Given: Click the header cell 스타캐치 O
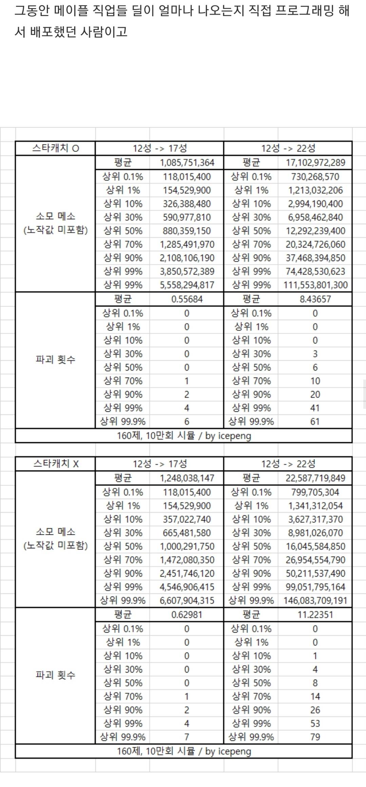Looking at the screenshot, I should pos(55,148).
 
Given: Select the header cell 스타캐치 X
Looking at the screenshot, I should pos(55,463).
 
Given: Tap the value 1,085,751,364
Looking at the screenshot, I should pos(187,163).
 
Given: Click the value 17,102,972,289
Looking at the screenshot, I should pos(315,163).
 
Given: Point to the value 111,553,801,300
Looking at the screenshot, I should pos(315,285).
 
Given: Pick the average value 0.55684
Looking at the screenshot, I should pos(187,299).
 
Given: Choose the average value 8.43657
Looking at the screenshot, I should pos(315,299).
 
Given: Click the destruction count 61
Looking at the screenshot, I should pos(315,421).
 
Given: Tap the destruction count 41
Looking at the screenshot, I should pos(315,408).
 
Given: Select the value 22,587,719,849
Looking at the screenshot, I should pos(315,478).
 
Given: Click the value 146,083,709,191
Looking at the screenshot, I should pos(315,600).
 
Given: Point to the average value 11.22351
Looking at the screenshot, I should pos(315,615).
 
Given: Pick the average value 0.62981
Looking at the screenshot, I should pos(187,615).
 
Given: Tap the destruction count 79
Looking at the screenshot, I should pos(315,737).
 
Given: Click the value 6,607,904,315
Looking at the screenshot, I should pos(187,600).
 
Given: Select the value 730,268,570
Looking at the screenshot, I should pos(315,177).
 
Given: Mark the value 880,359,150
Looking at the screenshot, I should pos(187,231).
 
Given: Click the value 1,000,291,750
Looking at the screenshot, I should pos(187,546).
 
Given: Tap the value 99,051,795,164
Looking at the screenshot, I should pos(315,587).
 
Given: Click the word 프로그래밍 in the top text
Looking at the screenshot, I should pos(304,11).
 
